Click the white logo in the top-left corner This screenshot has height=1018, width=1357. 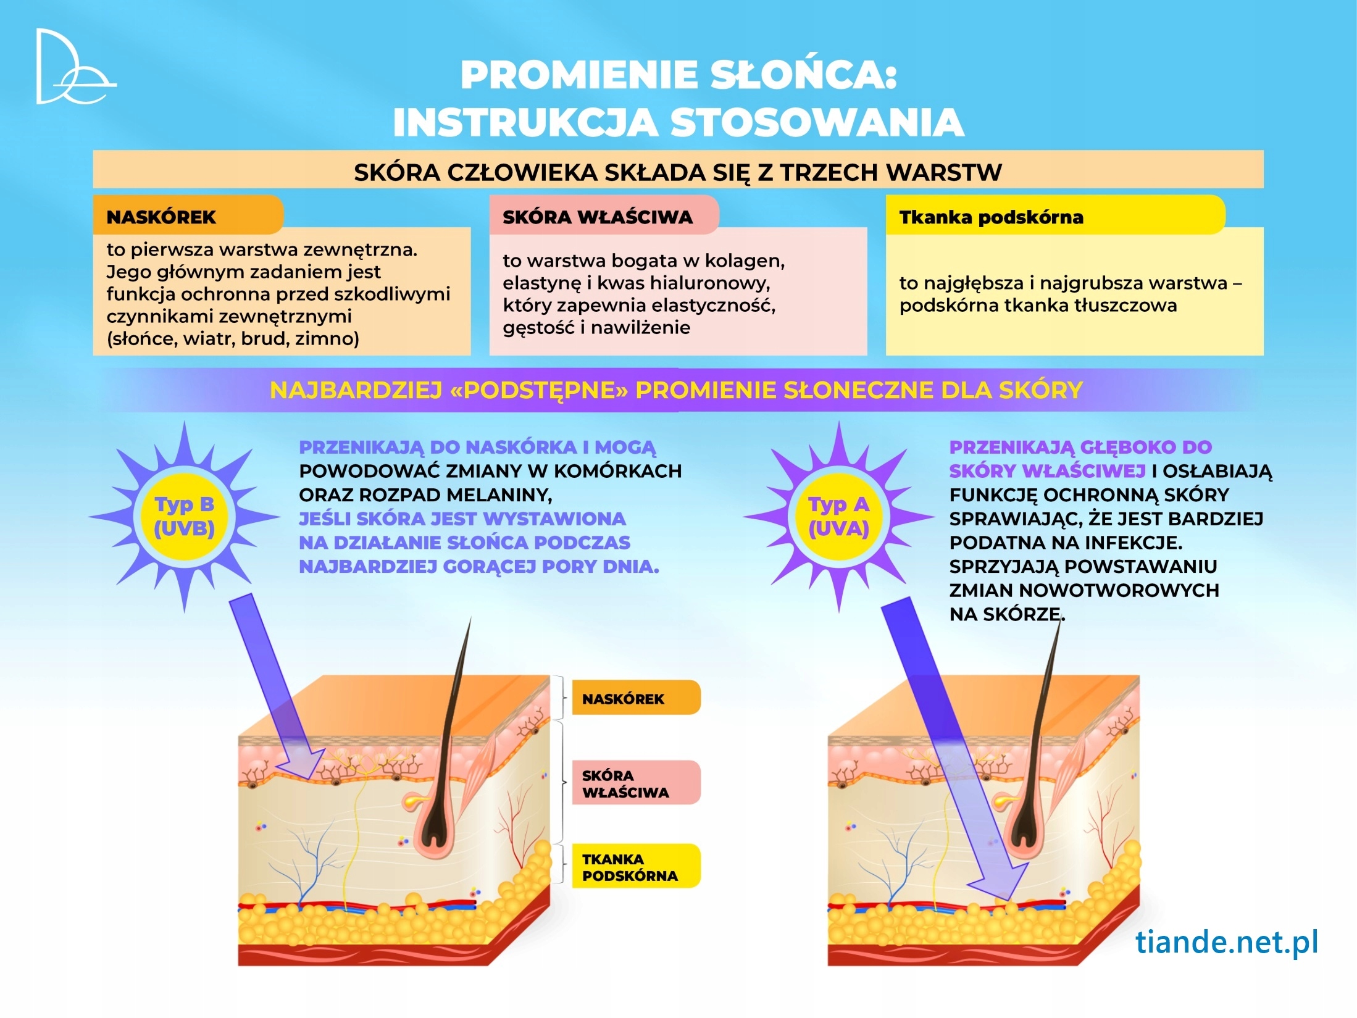click(x=73, y=67)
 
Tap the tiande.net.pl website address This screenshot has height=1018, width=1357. click(x=1226, y=943)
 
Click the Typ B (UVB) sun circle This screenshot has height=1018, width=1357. click(x=184, y=517)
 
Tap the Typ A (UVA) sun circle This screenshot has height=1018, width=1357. click(x=838, y=517)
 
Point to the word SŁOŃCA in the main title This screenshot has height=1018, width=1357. click(x=802, y=75)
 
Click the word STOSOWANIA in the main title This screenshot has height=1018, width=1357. click(x=816, y=122)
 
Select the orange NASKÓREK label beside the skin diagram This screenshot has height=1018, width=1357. click(x=636, y=698)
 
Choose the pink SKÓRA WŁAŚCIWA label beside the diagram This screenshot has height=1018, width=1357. click(x=636, y=783)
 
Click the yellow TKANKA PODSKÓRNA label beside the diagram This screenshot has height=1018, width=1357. click(x=636, y=867)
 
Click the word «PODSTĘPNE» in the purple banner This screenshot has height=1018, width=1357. click(x=539, y=390)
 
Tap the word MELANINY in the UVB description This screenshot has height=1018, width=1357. click(x=502, y=495)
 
